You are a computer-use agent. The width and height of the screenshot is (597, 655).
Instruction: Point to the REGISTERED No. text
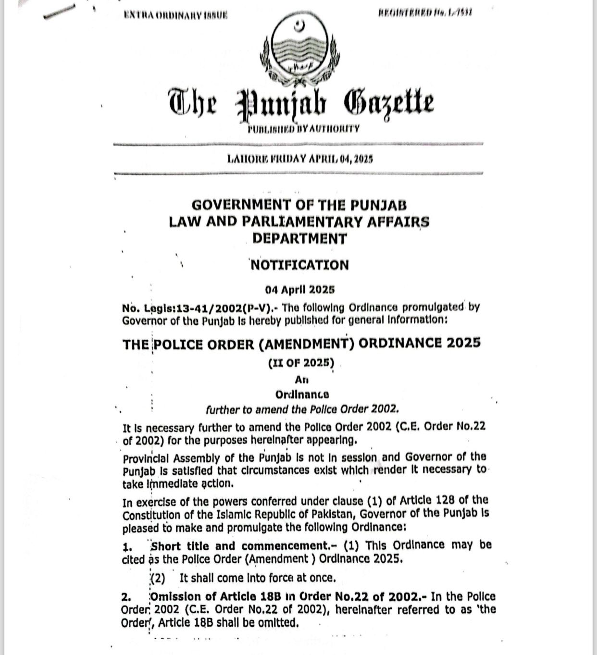coord(425,12)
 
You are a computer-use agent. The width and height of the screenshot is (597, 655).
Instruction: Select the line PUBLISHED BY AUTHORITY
coord(303,129)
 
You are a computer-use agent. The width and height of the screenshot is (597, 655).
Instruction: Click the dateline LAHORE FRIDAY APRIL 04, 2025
coord(299,159)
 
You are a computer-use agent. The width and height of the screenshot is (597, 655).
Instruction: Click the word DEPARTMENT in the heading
coord(299,238)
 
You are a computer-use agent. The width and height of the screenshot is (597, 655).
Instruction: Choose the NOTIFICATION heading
coord(300,265)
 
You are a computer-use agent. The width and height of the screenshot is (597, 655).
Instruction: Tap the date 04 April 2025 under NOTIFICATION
coord(299,290)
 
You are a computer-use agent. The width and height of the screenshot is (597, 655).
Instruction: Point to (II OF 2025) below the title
coord(301,363)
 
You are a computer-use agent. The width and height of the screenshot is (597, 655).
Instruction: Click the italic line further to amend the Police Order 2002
coord(302,409)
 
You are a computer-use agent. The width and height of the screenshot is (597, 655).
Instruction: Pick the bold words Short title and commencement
coord(239,546)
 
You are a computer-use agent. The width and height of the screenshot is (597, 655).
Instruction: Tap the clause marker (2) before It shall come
coord(158,578)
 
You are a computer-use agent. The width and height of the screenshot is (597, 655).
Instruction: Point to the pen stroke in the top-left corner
coord(60,11)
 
